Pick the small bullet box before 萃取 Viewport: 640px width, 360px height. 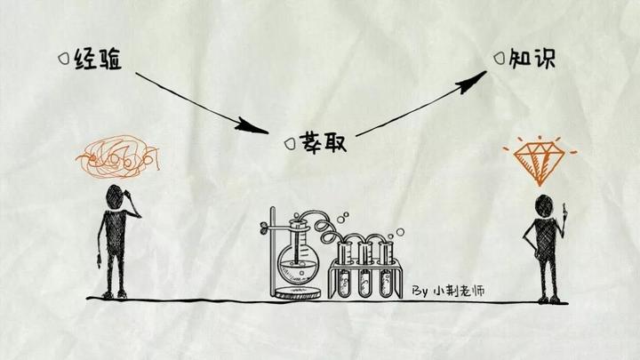click(288, 143)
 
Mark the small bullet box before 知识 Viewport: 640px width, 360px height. click(499, 58)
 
